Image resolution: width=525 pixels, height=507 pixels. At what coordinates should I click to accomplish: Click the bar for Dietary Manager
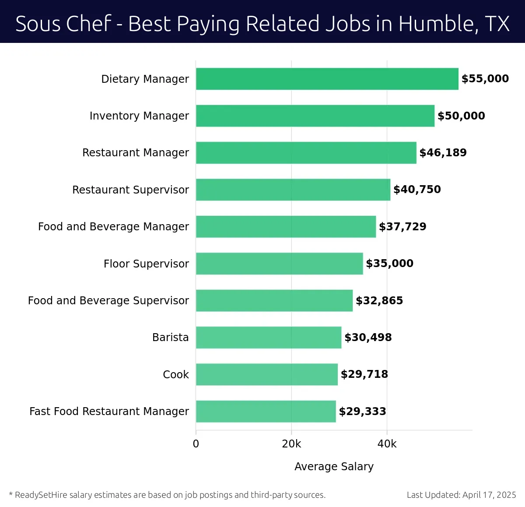pyautogui.click(x=327, y=79)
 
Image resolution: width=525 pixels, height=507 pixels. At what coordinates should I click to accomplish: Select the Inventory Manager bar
pyautogui.click(x=315, y=116)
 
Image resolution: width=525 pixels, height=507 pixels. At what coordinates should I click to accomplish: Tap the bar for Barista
pyautogui.click(x=268, y=337)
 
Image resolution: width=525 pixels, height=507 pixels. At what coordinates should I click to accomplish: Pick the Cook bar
pyautogui.click(x=266, y=374)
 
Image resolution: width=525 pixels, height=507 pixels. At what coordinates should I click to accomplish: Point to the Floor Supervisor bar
pyautogui.click(x=279, y=264)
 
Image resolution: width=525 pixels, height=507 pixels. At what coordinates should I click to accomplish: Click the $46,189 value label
pyautogui.click(x=443, y=153)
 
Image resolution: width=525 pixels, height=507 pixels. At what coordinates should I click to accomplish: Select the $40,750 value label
pyautogui.click(x=417, y=190)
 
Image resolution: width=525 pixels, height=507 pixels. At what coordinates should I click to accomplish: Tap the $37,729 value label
pyautogui.click(x=402, y=227)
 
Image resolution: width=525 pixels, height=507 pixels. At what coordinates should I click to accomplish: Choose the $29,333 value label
pyautogui.click(x=362, y=412)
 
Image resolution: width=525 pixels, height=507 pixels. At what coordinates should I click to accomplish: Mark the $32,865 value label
pyautogui.click(x=379, y=301)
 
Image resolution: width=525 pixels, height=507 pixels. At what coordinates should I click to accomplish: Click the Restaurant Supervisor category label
pyautogui.click(x=130, y=190)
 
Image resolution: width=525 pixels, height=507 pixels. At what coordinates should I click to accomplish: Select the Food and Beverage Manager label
pyautogui.click(x=113, y=227)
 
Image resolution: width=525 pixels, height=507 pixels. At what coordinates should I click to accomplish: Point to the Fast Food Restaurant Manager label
pyautogui.click(x=109, y=412)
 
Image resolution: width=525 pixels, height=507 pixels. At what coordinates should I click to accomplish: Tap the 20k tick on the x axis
pyautogui.click(x=291, y=444)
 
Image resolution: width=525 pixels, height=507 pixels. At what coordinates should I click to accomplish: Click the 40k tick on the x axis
pyautogui.click(x=387, y=444)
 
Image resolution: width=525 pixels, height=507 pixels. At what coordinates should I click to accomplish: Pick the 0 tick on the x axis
pyautogui.click(x=196, y=444)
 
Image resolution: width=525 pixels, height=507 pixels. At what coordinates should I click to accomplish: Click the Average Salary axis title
pyautogui.click(x=334, y=467)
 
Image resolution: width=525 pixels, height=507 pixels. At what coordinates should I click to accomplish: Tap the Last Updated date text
pyautogui.click(x=461, y=495)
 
